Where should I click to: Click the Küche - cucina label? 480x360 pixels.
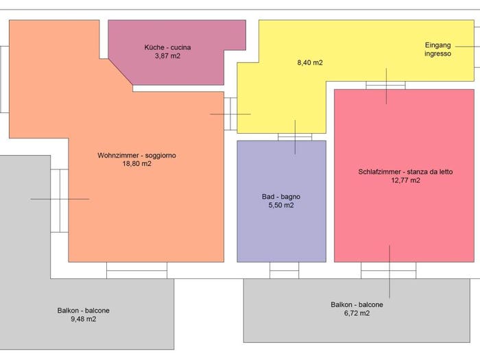167,47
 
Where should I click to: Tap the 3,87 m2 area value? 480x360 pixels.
167,56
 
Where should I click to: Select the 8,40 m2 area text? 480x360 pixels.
310,62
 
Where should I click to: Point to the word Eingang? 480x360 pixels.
437,45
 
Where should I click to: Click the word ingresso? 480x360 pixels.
437,53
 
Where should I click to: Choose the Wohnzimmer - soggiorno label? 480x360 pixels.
136,155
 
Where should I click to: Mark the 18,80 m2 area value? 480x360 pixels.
136,163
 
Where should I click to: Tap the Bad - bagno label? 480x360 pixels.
281,197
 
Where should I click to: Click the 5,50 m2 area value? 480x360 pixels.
281,205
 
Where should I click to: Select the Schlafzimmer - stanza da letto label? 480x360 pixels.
405,171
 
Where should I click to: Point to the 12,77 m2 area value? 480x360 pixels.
405,180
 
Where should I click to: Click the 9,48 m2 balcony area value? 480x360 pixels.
83,319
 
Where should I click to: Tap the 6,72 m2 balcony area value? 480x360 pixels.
357,313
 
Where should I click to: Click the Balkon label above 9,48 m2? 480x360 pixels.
68,311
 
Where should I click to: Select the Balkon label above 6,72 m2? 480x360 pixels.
341,304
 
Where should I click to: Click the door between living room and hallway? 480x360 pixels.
230,114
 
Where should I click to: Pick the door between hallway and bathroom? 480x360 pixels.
295,137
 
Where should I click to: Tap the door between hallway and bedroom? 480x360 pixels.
385,85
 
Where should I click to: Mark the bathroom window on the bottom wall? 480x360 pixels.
284,270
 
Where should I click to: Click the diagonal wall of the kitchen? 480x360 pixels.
121,72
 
